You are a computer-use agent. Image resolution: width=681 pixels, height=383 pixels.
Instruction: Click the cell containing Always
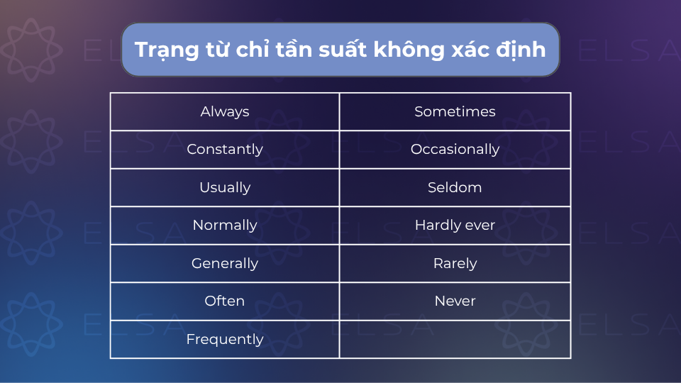pyautogui.click(x=225, y=111)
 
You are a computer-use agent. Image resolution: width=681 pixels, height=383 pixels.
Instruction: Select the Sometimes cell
pyautogui.click(x=455, y=111)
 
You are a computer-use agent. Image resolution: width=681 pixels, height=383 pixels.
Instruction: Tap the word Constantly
pyautogui.click(x=225, y=150)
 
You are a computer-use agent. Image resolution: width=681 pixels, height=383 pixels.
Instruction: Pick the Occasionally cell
pyautogui.click(x=455, y=150)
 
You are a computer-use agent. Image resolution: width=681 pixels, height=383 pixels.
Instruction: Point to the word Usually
pyautogui.click(x=225, y=187)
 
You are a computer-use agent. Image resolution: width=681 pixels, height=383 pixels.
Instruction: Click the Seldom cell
pyautogui.click(x=455, y=187)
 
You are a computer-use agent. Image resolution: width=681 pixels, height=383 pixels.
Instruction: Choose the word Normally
pyautogui.click(x=225, y=226)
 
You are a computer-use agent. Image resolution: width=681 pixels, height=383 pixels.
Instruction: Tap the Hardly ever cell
pyautogui.click(x=455, y=226)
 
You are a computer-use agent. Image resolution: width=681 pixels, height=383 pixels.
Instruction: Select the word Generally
pyautogui.click(x=225, y=264)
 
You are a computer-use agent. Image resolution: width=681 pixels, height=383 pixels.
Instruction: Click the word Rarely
pyautogui.click(x=455, y=264)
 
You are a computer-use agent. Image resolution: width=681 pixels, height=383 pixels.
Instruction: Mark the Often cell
pyautogui.click(x=225, y=301)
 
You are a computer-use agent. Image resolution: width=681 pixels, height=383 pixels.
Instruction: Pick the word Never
pyautogui.click(x=455, y=301)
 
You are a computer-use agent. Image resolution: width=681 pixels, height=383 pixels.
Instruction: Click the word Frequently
pyautogui.click(x=225, y=339)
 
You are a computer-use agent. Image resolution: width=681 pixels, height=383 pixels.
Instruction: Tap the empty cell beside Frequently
pyautogui.click(x=455, y=340)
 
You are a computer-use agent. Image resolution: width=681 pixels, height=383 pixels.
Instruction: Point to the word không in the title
pyautogui.click(x=409, y=49)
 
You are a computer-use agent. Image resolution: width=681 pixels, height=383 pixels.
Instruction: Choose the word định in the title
pyautogui.click(x=521, y=50)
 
